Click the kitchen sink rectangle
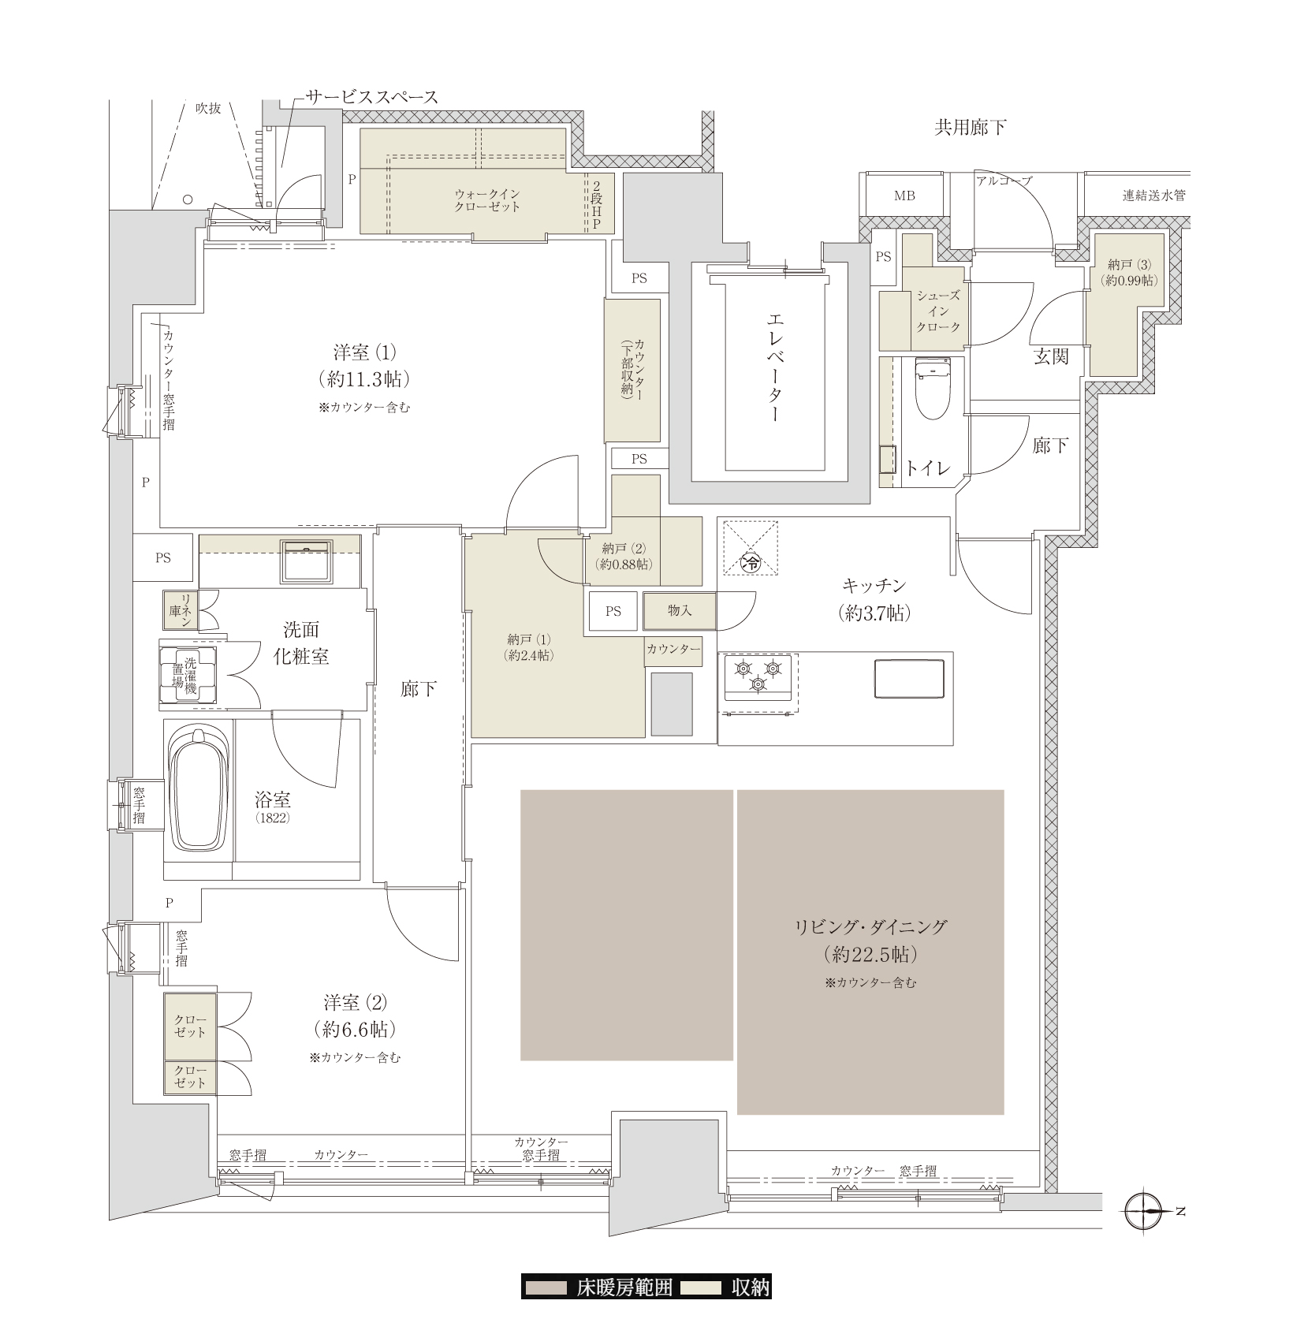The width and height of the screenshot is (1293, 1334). pos(909,678)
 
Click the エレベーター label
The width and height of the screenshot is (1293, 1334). pos(774,367)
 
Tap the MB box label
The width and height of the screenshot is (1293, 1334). pos(904,196)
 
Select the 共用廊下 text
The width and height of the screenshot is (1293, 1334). pos(970,127)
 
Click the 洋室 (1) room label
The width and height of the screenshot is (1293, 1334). pos(364,366)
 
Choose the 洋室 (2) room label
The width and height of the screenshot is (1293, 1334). pos(356,1016)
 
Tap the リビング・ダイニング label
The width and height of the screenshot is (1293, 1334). pos(870,941)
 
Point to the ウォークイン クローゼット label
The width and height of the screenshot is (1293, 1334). pos(487,200)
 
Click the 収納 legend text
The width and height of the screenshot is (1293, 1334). pos(750,1287)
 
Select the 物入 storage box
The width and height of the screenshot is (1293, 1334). pos(680,610)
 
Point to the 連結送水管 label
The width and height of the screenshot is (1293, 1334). pos(1153,195)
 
